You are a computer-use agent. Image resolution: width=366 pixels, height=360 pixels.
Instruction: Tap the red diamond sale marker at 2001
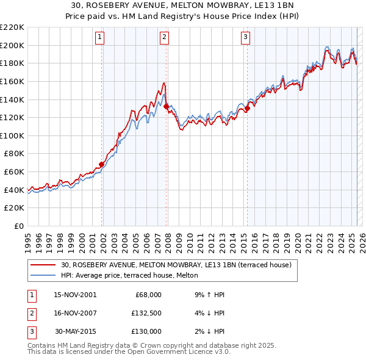click(x=102, y=164)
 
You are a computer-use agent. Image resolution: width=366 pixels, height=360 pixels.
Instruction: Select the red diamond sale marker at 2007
click(x=167, y=106)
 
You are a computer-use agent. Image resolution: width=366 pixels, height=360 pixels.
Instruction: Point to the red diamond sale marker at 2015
click(x=248, y=108)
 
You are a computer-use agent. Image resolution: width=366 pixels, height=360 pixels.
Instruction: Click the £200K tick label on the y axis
click(x=13, y=45)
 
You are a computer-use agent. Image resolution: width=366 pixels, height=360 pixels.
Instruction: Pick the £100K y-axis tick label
click(x=13, y=135)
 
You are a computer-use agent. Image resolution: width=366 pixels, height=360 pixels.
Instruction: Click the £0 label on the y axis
click(x=19, y=226)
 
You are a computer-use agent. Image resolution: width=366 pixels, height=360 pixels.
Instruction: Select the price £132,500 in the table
click(x=145, y=313)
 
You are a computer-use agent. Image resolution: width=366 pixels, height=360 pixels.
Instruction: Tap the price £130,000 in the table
click(x=145, y=331)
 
